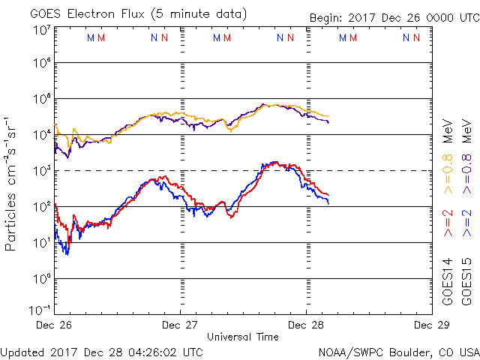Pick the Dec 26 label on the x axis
click(x=55, y=325)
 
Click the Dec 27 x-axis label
click(x=180, y=325)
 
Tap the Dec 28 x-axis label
click(x=305, y=325)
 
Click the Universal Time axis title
click(x=243, y=337)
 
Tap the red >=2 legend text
click(x=447, y=223)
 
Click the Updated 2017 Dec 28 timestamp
click(x=102, y=351)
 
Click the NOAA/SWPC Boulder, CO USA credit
click(x=397, y=351)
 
